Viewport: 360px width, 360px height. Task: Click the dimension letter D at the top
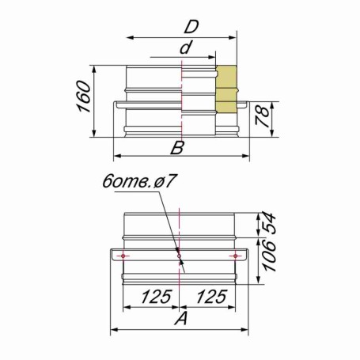pyautogui.click(x=191, y=27)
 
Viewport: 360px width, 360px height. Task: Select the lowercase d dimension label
pyautogui.click(x=186, y=47)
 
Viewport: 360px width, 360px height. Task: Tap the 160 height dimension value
pyautogui.click(x=84, y=97)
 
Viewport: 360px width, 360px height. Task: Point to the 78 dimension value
pyautogui.click(x=263, y=116)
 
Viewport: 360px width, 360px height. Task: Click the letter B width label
pyautogui.click(x=177, y=148)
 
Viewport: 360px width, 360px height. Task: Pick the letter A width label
pyautogui.click(x=181, y=318)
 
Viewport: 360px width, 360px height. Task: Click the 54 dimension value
pyautogui.click(x=269, y=224)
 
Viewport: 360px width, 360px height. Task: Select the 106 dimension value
pyautogui.click(x=269, y=256)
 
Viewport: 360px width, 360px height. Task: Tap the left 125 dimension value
pyautogui.click(x=157, y=296)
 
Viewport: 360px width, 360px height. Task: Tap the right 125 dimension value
pyautogui.click(x=212, y=296)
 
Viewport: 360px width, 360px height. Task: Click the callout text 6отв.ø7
pyautogui.click(x=138, y=181)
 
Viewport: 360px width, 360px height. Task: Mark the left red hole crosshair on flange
pyautogui.click(x=123, y=256)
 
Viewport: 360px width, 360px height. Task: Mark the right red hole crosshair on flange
pyautogui.click(x=235, y=256)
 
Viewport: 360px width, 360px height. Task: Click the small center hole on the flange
pyautogui.click(x=179, y=256)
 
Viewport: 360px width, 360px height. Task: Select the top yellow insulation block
pyautogui.click(x=226, y=77)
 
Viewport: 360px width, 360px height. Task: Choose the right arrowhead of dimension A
pyautogui.click(x=244, y=330)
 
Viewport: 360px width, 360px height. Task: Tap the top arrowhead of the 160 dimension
pyautogui.click(x=94, y=70)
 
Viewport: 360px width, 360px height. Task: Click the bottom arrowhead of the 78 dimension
pyautogui.click(x=273, y=133)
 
